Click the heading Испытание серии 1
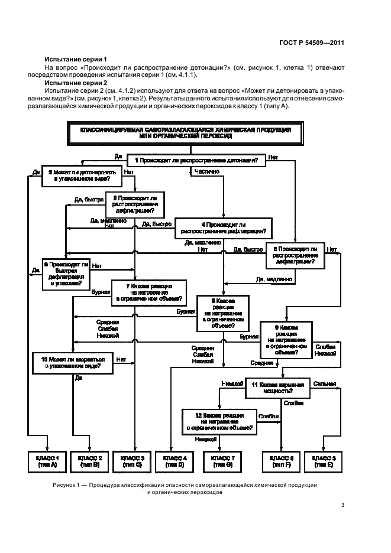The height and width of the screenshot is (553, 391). (x=76, y=60)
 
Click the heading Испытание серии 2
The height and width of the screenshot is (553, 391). (x=76, y=83)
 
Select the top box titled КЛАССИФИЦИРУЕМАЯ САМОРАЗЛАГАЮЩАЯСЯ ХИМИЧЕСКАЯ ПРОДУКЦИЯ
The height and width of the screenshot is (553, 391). (x=185, y=132)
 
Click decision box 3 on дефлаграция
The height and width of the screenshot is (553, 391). (x=134, y=204)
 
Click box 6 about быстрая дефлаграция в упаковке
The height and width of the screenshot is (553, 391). (x=66, y=274)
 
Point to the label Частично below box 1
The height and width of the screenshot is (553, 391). (x=206, y=171)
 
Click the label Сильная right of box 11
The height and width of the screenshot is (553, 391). (x=324, y=383)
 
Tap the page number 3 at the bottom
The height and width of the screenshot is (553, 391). (x=342, y=505)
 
